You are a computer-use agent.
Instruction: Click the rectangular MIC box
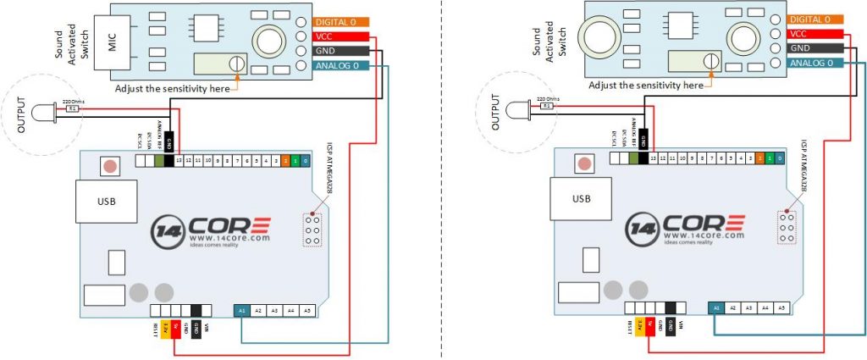(x=118, y=40)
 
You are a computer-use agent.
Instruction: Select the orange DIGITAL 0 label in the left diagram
(x=340, y=21)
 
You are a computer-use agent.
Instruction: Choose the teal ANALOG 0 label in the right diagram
(x=815, y=63)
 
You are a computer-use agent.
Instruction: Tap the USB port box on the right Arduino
(x=581, y=199)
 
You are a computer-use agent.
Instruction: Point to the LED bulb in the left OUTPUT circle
(x=42, y=109)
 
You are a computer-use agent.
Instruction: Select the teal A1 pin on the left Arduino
(x=242, y=311)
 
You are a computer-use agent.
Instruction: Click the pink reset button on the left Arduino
(x=108, y=164)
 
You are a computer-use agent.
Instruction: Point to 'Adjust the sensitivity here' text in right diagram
(x=646, y=85)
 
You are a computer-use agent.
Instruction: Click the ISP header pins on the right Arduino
(x=787, y=230)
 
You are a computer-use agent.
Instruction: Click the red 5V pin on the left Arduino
(x=176, y=326)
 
